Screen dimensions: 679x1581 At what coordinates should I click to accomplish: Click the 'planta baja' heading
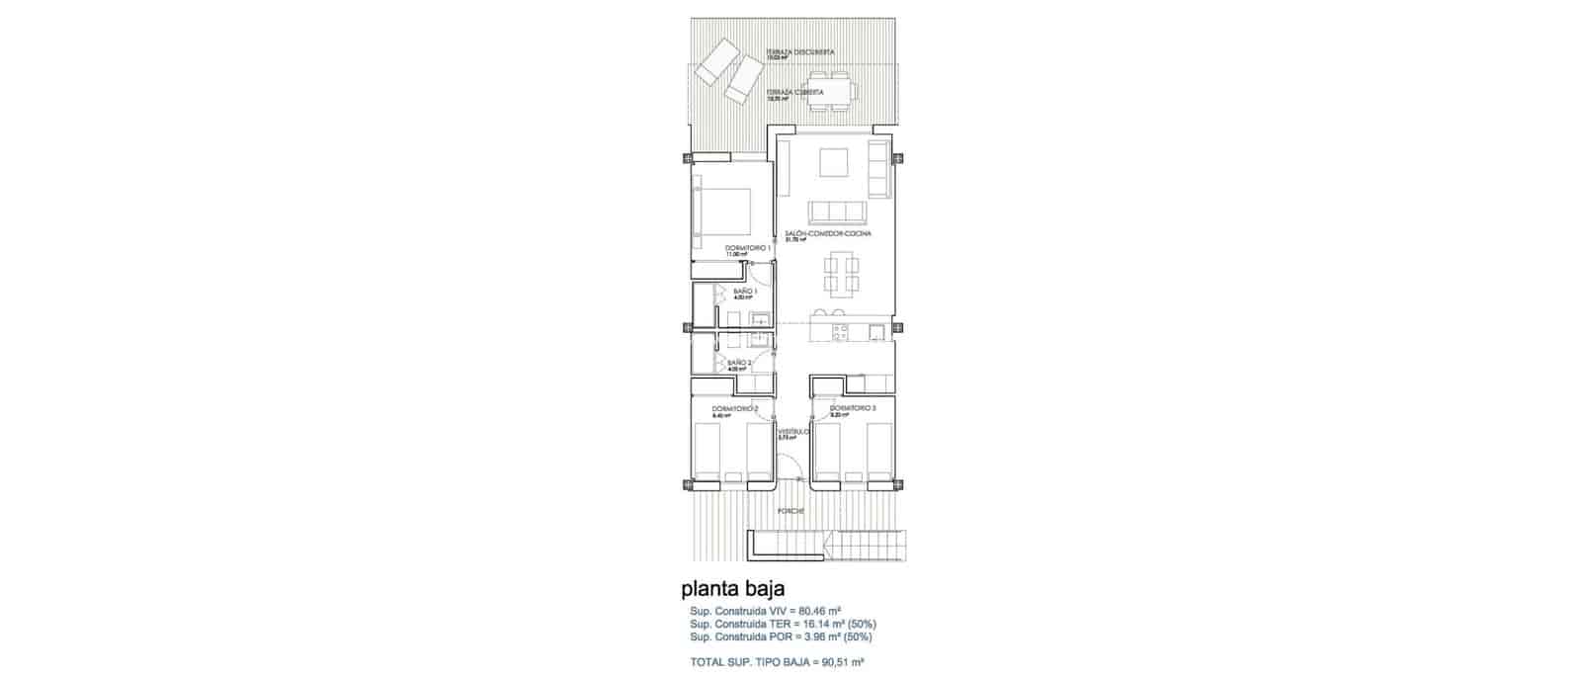[733, 590]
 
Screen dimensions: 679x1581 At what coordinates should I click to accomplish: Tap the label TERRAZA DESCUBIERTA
[800, 51]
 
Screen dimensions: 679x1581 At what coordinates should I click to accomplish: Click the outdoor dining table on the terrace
[831, 89]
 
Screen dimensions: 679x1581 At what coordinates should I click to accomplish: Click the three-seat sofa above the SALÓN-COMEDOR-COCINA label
[836, 212]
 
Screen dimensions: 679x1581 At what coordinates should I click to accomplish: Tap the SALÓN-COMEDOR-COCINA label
[828, 233]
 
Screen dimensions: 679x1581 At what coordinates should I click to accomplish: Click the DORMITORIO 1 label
[747, 247]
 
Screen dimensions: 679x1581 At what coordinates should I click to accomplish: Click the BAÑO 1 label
[744, 291]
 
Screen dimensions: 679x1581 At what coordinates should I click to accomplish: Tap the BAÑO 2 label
[739, 363]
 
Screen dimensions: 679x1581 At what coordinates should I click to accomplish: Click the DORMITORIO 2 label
[734, 408]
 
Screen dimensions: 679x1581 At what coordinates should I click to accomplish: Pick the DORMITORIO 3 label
[852, 408]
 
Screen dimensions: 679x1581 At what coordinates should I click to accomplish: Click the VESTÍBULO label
[793, 432]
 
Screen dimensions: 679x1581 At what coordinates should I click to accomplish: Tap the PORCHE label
[790, 511]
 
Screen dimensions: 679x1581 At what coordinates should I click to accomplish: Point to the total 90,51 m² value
[842, 661]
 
